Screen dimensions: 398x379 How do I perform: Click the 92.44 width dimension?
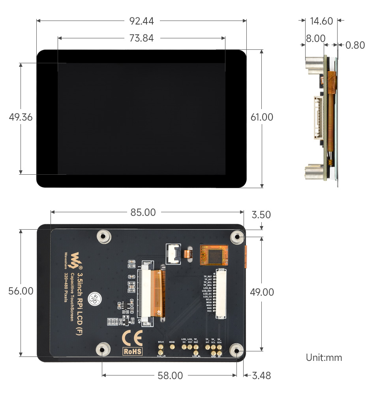pyautogui.click(x=141, y=21)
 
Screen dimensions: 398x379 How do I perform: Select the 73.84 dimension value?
pyautogui.click(x=141, y=38)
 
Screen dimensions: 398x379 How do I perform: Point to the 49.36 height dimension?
pyautogui.click(x=21, y=117)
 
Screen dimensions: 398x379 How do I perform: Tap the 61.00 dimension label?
pyautogui.click(x=262, y=117)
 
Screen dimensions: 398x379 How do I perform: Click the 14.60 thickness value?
pyautogui.click(x=321, y=21)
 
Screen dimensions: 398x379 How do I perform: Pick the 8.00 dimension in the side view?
pyautogui.click(x=315, y=38)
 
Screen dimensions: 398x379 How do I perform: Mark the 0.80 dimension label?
pyautogui.click(x=355, y=45)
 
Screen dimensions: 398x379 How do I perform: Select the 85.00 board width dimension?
pyautogui.click(x=143, y=212)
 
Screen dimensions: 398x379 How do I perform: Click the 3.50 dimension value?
pyautogui.click(x=261, y=215)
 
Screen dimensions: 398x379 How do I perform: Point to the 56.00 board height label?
pyautogui.click(x=21, y=291)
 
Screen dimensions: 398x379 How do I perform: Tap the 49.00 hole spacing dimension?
pyautogui.click(x=262, y=292)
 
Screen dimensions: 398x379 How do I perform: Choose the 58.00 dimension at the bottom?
pyautogui.click(x=170, y=375)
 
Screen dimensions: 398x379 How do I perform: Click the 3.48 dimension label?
pyautogui.click(x=261, y=375)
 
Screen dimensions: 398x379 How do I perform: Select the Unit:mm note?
pyautogui.click(x=324, y=358)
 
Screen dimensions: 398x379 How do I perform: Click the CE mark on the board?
pyautogui.click(x=132, y=338)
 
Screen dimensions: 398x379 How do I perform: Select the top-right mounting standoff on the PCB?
pyautogui.click(x=237, y=236)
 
